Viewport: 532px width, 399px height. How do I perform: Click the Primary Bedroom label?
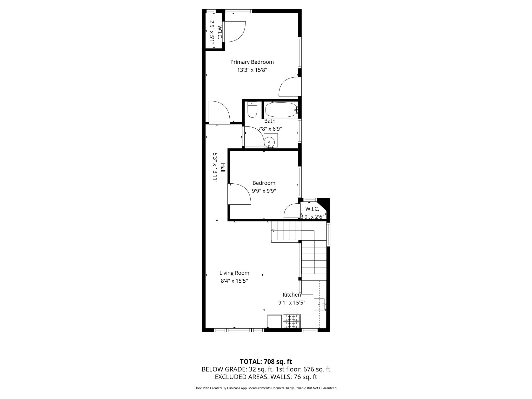pyautogui.click(x=252, y=62)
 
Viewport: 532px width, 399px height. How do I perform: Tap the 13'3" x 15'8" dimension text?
pyautogui.click(x=252, y=70)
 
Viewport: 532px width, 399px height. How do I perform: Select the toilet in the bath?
pyautogui.click(x=252, y=110)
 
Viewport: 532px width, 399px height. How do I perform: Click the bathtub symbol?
pyautogui.click(x=281, y=110)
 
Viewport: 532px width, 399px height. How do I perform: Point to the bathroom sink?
pyautogui.click(x=270, y=142)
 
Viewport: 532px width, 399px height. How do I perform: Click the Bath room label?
pyautogui.click(x=270, y=121)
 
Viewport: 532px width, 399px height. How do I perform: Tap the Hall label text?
pyautogui.click(x=223, y=168)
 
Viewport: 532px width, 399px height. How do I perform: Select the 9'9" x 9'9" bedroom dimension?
pyautogui.click(x=264, y=191)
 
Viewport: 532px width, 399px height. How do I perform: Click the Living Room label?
pyautogui.click(x=234, y=273)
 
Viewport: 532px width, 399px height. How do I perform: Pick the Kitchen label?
pyautogui.click(x=291, y=295)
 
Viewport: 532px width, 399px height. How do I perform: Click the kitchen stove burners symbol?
pyautogui.click(x=291, y=321)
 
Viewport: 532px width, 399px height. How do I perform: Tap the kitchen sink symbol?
pyautogui.click(x=319, y=304)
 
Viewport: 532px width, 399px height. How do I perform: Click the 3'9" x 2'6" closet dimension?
pyautogui.click(x=312, y=217)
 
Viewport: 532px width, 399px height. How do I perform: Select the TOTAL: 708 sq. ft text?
pyautogui.click(x=266, y=362)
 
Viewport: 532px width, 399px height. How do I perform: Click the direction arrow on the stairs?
pyautogui.click(x=273, y=230)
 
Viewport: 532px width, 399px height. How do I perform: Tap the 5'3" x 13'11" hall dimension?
pyautogui.click(x=215, y=168)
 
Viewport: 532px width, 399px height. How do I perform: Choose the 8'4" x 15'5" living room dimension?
pyautogui.click(x=234, y=281)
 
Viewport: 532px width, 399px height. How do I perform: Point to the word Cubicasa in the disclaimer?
pyautogui.click(x=233, y=388)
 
